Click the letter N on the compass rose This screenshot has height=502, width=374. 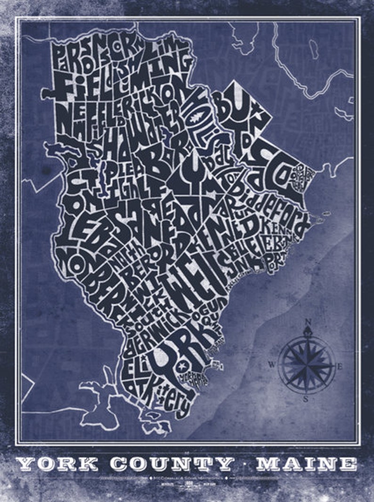308,322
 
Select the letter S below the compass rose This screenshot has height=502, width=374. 306,400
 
